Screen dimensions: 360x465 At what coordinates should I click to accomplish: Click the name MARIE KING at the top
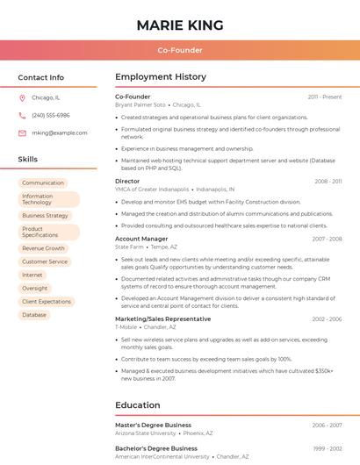[180, 25]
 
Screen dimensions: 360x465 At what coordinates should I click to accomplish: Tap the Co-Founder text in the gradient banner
[180, 50]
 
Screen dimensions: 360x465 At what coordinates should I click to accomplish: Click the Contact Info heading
[41, 77]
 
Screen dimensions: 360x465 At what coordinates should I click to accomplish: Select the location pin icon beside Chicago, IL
[22, 97]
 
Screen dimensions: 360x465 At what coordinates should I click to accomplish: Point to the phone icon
[22, 115]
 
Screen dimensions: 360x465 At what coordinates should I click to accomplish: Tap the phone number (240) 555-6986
[51, 115]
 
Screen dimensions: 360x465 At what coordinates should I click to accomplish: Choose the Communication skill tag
[43, 182]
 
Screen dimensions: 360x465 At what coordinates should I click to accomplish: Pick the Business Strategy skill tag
[45, 215]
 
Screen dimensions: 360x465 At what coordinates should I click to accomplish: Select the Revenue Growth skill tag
[44, 248]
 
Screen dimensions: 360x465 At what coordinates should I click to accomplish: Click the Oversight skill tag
[35, 288]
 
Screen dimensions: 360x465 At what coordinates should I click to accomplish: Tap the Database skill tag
[34, 314]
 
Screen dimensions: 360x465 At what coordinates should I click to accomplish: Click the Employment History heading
[161, 77]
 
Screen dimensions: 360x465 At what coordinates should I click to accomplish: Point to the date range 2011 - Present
[324, 97]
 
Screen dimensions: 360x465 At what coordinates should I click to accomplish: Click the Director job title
[127, 181]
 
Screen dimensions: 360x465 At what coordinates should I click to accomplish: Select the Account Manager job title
[141, 239]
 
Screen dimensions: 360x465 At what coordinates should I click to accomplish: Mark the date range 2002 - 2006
[327, 319]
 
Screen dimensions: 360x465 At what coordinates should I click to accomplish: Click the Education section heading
[138, 405]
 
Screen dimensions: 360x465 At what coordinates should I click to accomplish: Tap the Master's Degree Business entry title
[153, 425]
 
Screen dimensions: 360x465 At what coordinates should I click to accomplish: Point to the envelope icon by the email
[22, 132]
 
